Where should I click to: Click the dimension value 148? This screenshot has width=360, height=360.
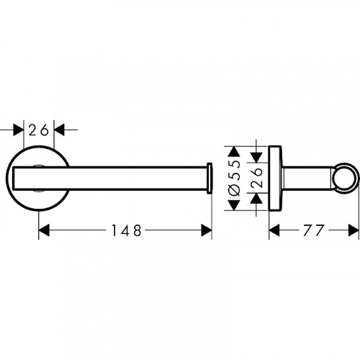(127, 230)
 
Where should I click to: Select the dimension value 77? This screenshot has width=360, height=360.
(313, 230)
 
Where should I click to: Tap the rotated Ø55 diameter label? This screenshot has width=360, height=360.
(234, 178)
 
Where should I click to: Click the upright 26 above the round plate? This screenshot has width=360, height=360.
(39, 130)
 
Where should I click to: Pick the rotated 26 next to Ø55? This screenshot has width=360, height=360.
(257, 178)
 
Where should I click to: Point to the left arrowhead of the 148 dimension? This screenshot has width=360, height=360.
(44, 230)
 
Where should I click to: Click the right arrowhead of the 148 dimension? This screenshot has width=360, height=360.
(207, 230)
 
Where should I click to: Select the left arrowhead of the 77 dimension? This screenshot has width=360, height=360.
(274, 230)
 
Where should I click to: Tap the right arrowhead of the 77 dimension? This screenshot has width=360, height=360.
(354, 230)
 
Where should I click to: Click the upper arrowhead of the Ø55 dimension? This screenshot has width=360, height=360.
(234, 152)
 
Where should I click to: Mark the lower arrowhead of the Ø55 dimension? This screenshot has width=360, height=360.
(234, 205)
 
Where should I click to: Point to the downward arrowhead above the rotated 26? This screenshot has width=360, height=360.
(256, 157)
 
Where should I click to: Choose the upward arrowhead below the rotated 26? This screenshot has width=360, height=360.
(256, 199)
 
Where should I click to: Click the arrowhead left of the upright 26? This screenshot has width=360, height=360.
(19, 130)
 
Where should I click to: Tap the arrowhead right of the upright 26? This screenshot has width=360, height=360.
(59, 130)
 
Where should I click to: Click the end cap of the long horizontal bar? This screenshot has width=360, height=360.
(210, 178)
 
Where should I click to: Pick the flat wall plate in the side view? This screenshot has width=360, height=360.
(275, 178)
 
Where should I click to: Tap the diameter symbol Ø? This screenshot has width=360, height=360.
(234, 191)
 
